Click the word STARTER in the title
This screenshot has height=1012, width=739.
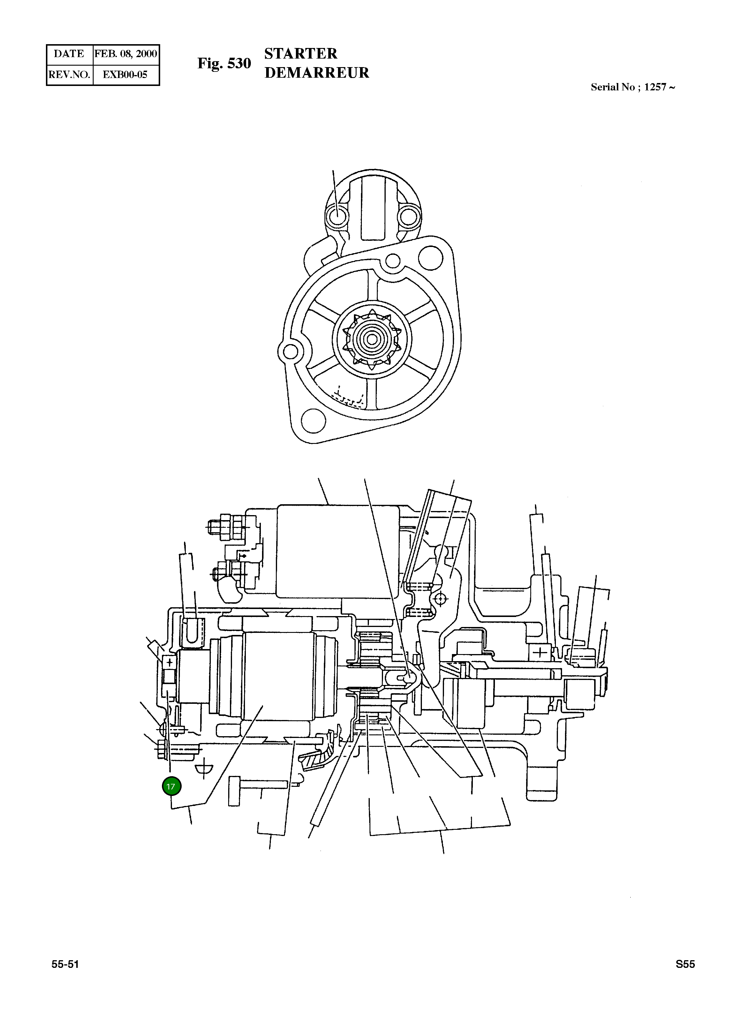coord(301,54)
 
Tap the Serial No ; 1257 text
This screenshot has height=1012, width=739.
coord(632,87)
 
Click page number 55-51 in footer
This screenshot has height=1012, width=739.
coord(65,977)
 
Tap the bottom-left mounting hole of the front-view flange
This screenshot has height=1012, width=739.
coord(314,420)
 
